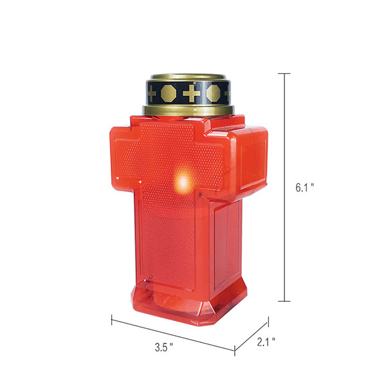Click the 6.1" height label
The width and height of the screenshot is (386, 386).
pos(305,188)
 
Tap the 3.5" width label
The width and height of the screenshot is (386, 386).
pos(163,347)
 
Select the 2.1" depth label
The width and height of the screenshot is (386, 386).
pos(266,342)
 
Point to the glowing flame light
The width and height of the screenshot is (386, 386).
pos(183,182)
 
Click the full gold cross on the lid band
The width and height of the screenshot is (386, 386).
pos(191,93)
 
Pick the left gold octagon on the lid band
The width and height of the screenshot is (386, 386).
pos(169,93)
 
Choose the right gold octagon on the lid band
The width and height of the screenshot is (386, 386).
pos(213,93)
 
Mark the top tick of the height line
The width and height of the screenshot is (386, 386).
pos(284,73)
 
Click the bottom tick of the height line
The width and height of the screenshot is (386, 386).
pos(284,301)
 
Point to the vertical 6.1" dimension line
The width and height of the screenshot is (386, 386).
pos(285,187)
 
